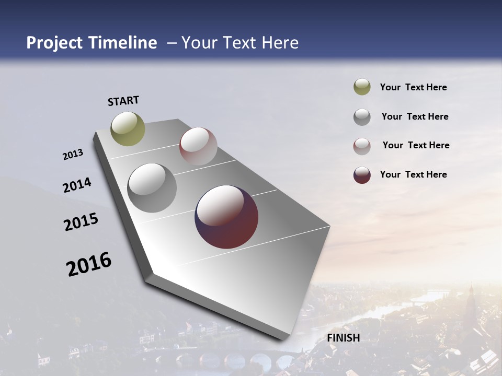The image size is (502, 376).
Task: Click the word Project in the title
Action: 54,43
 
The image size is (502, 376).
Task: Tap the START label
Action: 123,101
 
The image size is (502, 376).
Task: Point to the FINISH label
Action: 344,338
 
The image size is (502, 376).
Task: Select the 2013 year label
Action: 73,155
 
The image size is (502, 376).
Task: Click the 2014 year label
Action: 77,185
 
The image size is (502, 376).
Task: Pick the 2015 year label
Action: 81,222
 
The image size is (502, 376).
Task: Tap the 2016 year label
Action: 89,264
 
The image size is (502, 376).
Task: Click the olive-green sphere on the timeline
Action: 128,128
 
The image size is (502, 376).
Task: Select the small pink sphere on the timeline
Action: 198,146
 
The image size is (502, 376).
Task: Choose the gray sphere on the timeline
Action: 152,187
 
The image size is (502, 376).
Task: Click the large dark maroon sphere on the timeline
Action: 226,217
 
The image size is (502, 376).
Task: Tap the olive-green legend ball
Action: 362,87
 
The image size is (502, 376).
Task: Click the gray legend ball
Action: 362,117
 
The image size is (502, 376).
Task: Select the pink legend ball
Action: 362,146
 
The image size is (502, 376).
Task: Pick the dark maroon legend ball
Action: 362,175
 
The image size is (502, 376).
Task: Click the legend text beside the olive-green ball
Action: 413,88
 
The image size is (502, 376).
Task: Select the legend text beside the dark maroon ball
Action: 413,174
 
